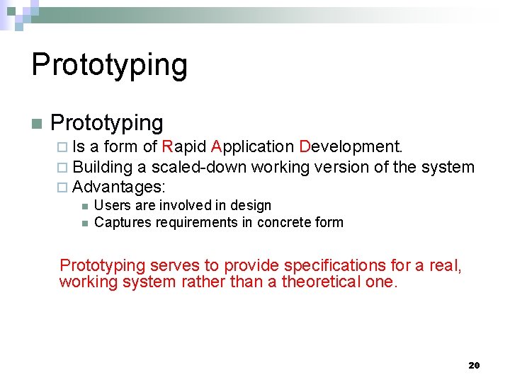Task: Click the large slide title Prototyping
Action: coord(110,64)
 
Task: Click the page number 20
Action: coord(474,365)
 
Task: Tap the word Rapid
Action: coord(184,146)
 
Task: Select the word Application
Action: coord(252,147)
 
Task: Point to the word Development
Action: coord(351,146)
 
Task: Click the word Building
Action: coord(103,167)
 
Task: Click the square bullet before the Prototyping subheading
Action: coord(37,123)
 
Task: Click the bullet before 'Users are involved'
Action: coord(84,206)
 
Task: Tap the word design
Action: coord(253,205)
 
